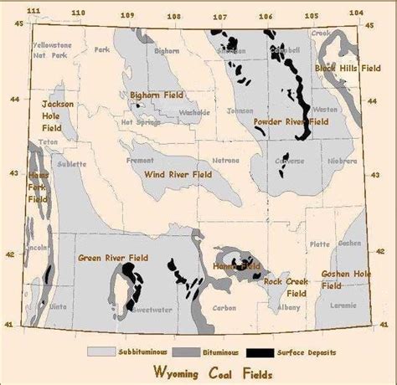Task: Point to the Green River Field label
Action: click(112, 258)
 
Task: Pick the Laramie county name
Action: click(343, 308)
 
